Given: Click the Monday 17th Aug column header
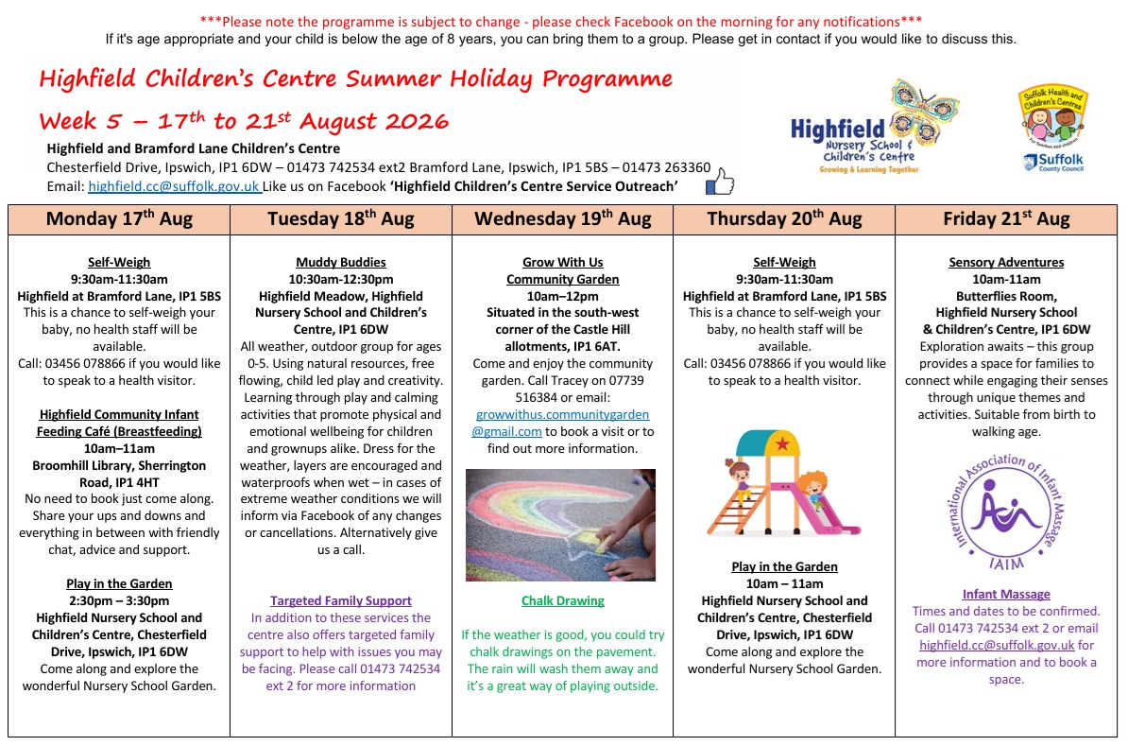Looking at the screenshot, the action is click(x=119, y=219).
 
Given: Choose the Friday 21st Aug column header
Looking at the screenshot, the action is click(x=1006, y=219).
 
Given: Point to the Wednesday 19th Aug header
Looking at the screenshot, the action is click(x=562, y=219).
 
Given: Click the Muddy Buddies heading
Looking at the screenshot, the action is click(x=341, y=262).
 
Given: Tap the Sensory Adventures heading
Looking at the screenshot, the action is click(x=1006, y=262).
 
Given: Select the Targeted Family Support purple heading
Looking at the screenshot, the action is click(x=341, y=600).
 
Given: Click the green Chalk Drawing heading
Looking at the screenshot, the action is click(x=562, y=600).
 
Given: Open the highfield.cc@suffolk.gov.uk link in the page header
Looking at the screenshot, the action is click(x=174, y=186).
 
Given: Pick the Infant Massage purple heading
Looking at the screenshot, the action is click(x=1006, y=594).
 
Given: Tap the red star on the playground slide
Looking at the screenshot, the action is click(x=782, y=444).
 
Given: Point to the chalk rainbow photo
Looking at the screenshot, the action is click(x=560, y=525).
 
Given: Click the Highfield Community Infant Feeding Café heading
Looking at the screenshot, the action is click(x=119, y=423).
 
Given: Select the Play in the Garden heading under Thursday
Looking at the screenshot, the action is click(x=784, y=566).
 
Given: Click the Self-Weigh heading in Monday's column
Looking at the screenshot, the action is click(x=119, y=262).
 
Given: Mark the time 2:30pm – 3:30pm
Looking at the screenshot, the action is click(x=119, y=600).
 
